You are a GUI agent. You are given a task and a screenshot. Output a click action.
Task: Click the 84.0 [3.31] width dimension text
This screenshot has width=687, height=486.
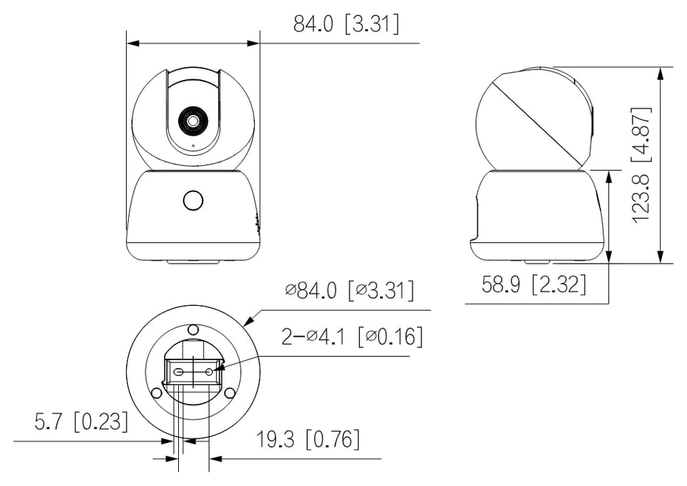click(x=346, y=24)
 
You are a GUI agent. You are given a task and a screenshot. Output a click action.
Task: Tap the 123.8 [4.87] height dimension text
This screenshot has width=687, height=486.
click(x=641, y=165)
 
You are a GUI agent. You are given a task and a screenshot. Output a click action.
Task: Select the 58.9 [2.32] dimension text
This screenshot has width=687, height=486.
click(x=534, y=284)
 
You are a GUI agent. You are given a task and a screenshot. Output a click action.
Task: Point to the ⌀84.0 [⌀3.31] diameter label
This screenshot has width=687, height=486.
click(x=349, y=290)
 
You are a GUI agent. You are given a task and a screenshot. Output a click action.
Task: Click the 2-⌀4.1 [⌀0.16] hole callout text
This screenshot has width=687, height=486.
click(x=352, y=337)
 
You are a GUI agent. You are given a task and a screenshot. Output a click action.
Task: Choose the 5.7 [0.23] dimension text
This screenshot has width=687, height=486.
click(x=82, y=421)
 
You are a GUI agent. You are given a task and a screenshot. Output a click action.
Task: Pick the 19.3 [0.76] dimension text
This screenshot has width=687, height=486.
click(x=308, y=440)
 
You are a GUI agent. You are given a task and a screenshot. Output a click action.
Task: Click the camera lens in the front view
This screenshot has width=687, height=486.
click(x=193, y=121)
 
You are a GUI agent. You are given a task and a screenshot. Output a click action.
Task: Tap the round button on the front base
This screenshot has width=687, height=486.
click(x=193, y=201)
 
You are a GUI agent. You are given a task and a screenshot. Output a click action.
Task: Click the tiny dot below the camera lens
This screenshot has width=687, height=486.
click(x=193, y=145)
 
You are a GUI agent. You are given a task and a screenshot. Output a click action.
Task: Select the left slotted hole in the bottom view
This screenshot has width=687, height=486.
click(x=179, y=372)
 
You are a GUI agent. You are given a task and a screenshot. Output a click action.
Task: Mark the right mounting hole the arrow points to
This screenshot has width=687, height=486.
click(x=209, y=372)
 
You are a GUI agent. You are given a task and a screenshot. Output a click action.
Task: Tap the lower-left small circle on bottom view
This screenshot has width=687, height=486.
click(x=156, y=393)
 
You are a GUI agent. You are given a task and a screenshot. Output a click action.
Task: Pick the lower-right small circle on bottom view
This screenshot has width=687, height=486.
click(x=230, y=393)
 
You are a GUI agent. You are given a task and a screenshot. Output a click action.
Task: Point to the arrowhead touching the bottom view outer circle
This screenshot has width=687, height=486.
click(x=249, y=321)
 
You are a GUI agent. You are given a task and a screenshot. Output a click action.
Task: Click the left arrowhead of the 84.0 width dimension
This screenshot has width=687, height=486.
click(x=133, y=44)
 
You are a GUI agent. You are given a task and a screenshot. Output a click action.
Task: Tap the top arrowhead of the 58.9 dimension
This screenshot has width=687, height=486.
click(x=608, y=177)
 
